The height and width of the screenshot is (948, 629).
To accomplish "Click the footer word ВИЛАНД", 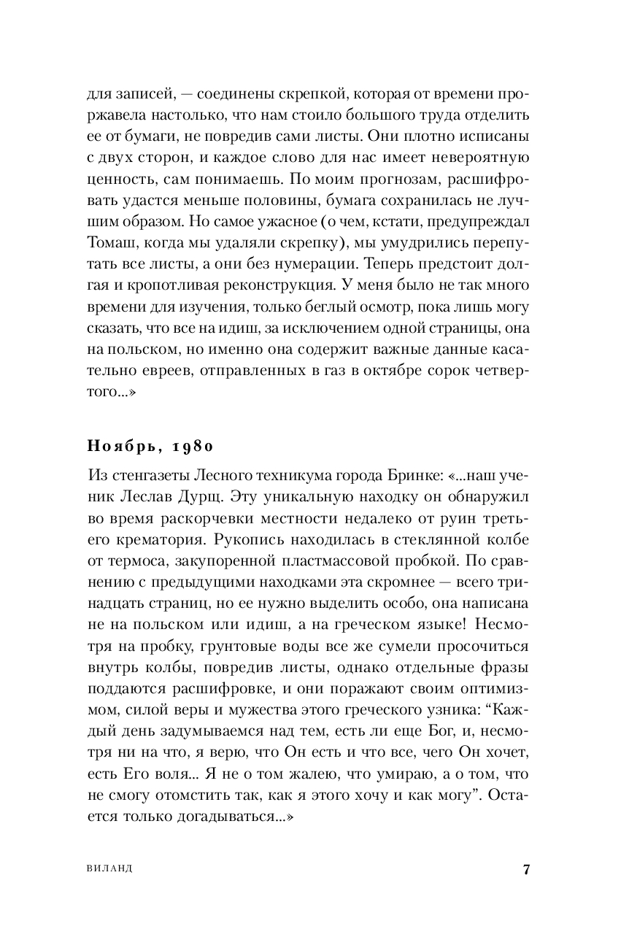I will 109,870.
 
